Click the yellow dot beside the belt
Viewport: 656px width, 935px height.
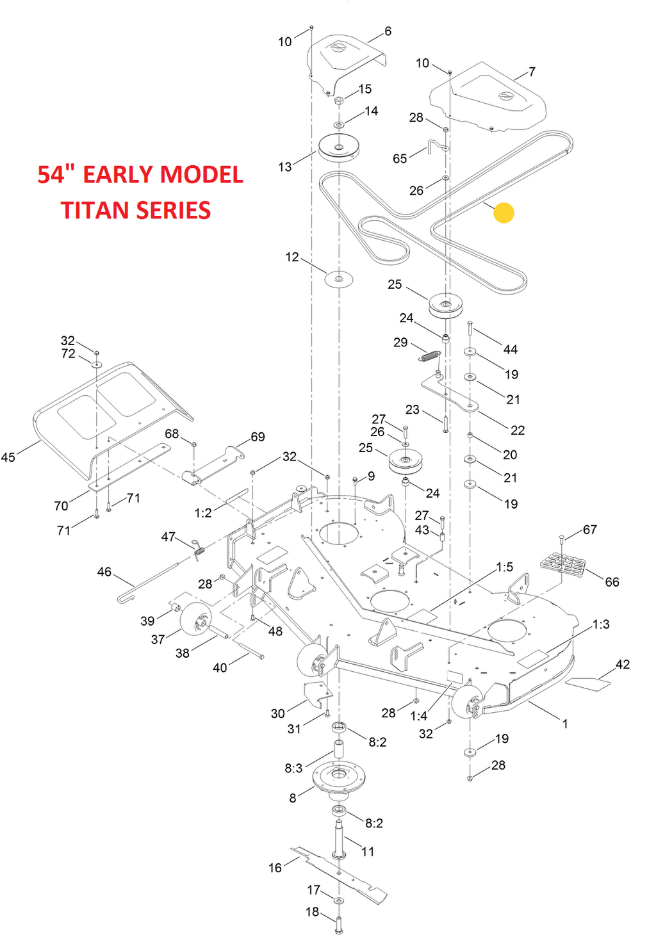pos(504,213)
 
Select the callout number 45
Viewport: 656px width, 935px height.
pos(8,457)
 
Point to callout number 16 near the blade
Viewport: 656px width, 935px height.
pos(275,868)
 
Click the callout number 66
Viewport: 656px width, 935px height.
pos(612,582)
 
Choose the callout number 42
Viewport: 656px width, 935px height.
pos(622,665)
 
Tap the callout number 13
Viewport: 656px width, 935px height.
pos(284,167)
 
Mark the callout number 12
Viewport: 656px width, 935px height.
pos(292,257)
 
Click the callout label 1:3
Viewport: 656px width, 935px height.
pos(600,624)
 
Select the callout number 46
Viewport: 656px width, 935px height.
pos(104,572)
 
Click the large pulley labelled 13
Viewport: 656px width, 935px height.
pos(338,148)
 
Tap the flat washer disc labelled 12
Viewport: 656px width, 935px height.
pos(339,279)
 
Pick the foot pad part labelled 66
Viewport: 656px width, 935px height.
pos(563,564)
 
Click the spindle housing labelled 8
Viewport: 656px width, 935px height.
pos(338,777)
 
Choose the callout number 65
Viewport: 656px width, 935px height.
pos(400,159)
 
